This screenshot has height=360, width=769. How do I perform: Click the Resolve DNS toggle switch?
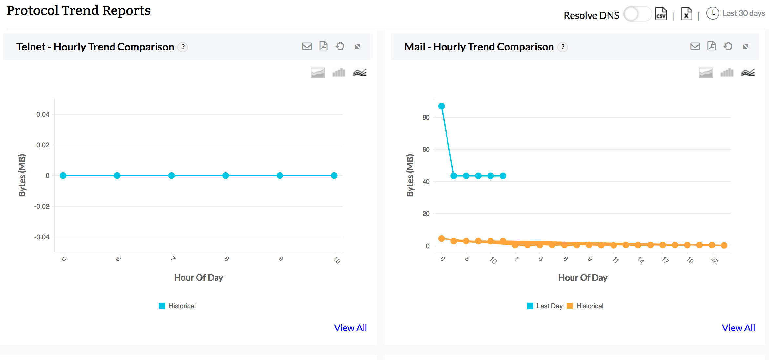[636, 14]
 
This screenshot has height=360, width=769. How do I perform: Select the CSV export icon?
[661, 14]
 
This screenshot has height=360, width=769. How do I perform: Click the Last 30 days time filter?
[736, 13]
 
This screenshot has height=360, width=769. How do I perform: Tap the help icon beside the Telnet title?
[183, 47]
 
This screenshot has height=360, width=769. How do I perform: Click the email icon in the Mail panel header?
[695, 46]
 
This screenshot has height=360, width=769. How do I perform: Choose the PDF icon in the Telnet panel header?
[323, 46]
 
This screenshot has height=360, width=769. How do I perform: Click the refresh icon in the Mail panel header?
[728, 46]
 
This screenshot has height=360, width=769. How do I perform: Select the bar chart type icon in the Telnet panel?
[339, 72]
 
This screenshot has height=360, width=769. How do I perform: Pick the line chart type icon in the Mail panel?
[748, 72]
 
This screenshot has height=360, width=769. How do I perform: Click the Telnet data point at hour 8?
[226, 176]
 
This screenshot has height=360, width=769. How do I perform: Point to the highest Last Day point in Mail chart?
[442, 106]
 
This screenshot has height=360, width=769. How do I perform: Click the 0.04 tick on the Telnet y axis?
[43, 114]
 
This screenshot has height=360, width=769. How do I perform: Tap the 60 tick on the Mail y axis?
[426, 150]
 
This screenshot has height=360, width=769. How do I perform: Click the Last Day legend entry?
[545, 306]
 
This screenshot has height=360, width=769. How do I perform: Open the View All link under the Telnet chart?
[350, 328]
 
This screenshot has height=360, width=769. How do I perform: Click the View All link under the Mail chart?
[738, 328]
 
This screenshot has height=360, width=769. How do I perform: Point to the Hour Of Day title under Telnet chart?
[198, 278]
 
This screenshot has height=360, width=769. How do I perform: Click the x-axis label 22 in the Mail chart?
[714, 260]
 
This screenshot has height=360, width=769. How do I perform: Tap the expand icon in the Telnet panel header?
[358, 46]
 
